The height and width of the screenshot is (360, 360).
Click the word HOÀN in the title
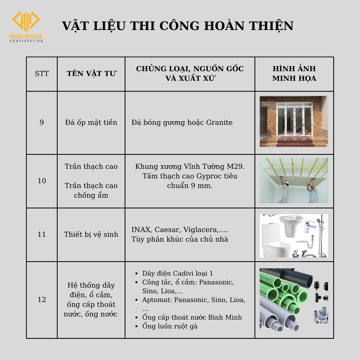[x=224, y=26]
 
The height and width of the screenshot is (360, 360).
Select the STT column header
[x=42, y=74]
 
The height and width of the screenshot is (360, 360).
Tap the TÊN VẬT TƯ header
[x=91, y=74]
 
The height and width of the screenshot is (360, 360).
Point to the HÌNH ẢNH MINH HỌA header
[x=294, y=74]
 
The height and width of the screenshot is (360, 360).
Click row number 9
[x=42, y=122]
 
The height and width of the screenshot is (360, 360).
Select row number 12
[x=42, y=299]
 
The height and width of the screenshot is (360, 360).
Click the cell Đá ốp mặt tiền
[x=91, y=122]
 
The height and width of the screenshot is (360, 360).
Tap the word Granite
[x=219, y=122]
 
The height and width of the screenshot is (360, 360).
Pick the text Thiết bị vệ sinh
[x=91, y=234]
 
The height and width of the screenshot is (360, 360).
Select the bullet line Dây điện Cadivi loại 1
[x=178, y=273]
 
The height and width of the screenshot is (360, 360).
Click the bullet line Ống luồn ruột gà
[x=170, y=326]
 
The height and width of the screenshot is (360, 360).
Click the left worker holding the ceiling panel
[x=284, y=190]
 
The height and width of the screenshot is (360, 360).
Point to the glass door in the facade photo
[x=294, y=120]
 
